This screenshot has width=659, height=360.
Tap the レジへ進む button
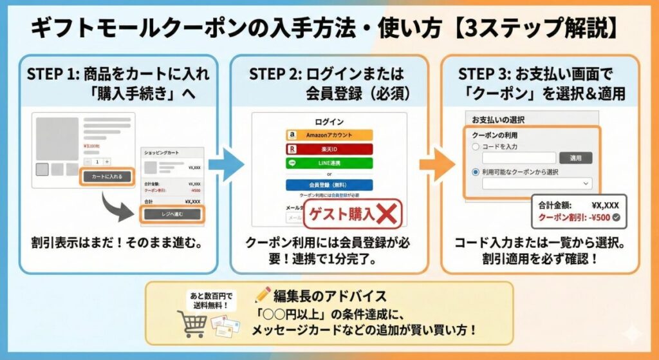(172, 214)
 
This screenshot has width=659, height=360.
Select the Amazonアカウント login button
(329, 135)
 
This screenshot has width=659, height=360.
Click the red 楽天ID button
(329, 149)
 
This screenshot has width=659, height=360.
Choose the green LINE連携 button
(329, 163)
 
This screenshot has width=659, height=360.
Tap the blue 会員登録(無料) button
(329, 185)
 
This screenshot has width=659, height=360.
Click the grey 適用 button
(575, 158)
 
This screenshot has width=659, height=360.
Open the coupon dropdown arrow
(585, 184)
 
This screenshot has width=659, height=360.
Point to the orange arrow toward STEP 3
(437, 166)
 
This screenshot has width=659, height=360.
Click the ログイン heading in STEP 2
(329, 121)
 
